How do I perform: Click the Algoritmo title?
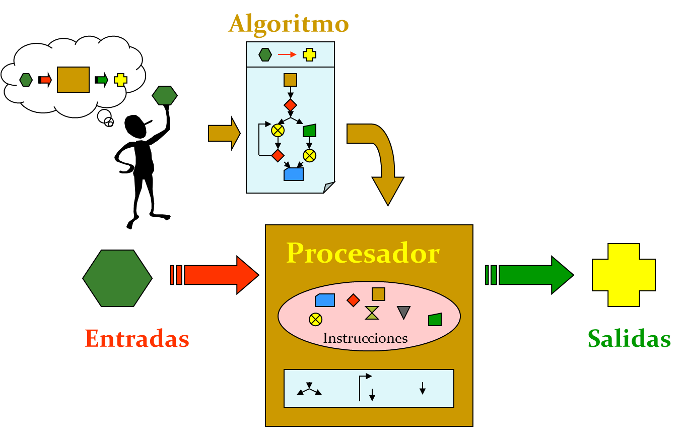tap(289, 25)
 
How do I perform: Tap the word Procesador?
tap(363, 253)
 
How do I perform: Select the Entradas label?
tap(137, 338)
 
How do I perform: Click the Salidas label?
tap(629, 338)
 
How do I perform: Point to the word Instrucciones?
tap(365, 338)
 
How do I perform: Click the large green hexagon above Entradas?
tap(117, 278)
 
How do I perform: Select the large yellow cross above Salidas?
tap(624, 275)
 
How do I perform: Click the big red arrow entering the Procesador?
tap(215, 275)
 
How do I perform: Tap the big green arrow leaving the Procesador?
tap(529, 275)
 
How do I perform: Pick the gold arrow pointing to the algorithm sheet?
tap(224, 134)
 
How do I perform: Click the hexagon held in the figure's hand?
tap(165, 95)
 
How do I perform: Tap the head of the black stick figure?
tap(135, 127)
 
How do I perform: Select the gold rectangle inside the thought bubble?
tap(74, 80)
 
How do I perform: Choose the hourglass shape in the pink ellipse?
tap(372, 313)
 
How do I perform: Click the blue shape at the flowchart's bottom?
tap(294, 174)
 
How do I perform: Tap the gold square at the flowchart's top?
tap(291, 80)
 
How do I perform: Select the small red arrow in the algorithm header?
tap(287, 54)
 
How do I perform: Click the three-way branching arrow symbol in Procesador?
tap(309, 389)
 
